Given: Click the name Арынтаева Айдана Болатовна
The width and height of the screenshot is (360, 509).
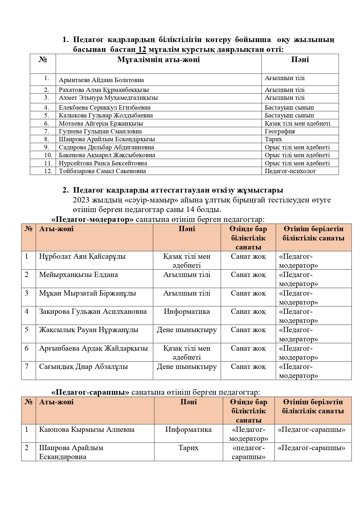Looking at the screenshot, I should pyautogui.click(x=101, y=80).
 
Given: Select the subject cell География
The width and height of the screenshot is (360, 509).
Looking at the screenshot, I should pyautogui.click(x=280, y=131).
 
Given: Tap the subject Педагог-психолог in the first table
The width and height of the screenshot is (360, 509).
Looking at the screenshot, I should pyautogui.click(x=290, y=171).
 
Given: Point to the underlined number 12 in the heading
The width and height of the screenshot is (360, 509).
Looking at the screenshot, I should pyautogui.click(x=142, y=50).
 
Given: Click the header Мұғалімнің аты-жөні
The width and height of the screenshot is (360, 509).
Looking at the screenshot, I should pyautogui.click(x=158, y=60).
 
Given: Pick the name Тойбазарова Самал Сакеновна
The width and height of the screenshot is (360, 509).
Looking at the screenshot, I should pyautogui.click(x=102, y=171).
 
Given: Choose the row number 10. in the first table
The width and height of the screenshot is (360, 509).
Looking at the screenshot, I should pyautogui.click(x=48, y=155).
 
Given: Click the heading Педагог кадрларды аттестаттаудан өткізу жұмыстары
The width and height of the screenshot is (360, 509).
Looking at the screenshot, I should pyautogui.click(x=178, y=190).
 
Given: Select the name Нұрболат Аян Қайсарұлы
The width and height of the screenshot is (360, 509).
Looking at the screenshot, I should pyautogui.click(x=82, y=256).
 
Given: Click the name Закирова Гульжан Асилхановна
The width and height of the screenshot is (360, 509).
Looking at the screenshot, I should pyautogui.click(x=93, y=311).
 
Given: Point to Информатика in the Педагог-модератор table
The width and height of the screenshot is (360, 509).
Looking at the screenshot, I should pyautogui.click(x=187, y=311).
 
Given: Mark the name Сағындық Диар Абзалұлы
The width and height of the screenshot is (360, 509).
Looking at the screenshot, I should pyautogui.click(x=84, y=367).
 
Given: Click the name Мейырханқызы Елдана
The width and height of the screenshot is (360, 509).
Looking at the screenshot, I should pyautogui.click(x=78, y=275).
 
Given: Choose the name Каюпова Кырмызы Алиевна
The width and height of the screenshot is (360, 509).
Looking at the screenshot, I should pyautogui.click(x=87, y=430).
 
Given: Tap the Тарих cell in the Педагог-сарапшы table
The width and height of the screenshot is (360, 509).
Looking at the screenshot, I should pyautogui.click(x=188, y=448).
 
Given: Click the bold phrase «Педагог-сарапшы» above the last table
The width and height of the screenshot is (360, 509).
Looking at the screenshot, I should pyautogui.click(x=90, y=392).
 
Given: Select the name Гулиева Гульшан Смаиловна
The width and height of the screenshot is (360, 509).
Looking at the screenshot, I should pyautogui.click(x=100, y=131).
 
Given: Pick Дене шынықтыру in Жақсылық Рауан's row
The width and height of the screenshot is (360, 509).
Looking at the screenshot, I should pyautogui.click(x=187, y=330).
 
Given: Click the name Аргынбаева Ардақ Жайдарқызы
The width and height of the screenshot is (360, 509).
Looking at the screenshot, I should pyautogui.click(x=93, y=348).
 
